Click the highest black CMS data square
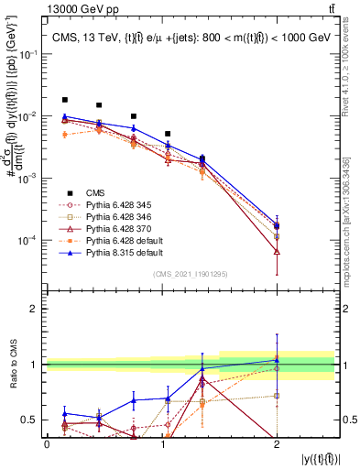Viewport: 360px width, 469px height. [64, 100]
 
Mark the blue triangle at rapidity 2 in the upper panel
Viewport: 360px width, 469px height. [277, 225]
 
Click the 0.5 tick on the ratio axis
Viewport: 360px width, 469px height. [33, 420]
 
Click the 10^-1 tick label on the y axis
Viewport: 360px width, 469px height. [29, 54]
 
